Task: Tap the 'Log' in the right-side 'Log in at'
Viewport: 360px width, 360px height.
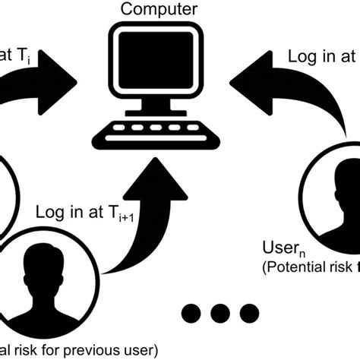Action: (301, 56)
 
